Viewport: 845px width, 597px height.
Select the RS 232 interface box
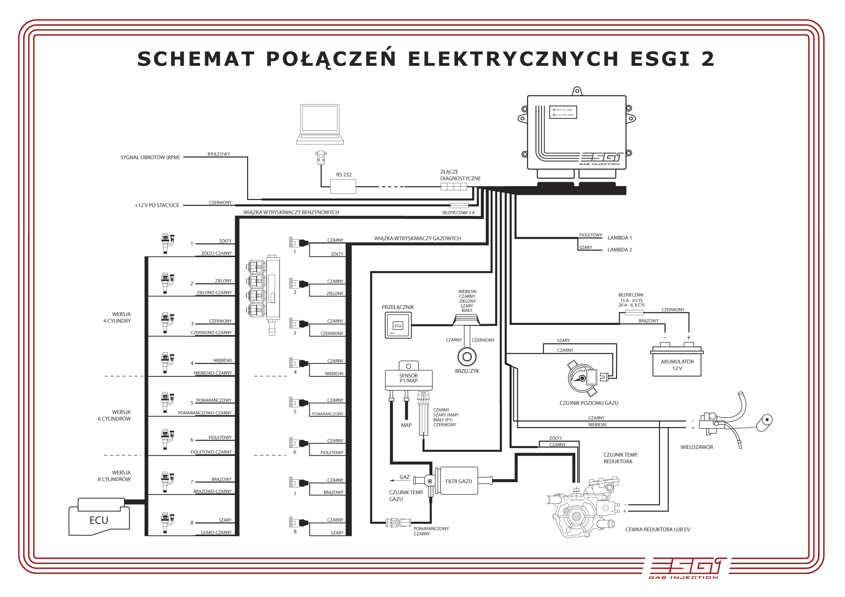(343, 187)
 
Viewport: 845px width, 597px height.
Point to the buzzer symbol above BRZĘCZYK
(467, 357)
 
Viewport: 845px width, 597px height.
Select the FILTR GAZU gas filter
(459, 481)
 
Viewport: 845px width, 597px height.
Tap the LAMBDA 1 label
(619, 238)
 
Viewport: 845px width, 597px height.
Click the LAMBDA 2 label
(619, 250)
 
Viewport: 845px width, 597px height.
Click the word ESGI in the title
(660, 59)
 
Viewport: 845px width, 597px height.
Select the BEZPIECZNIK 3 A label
(458, 213)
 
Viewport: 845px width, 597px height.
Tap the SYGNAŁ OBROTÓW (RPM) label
(150, 157)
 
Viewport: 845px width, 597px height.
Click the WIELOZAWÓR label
(696, 447)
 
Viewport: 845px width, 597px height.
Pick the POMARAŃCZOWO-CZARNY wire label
(205, 413)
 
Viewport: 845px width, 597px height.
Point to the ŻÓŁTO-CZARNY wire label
(216, 253)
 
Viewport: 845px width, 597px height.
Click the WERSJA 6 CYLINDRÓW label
(114, 415)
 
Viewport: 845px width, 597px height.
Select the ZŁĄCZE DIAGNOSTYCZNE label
(460, 175)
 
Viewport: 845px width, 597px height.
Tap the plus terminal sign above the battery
(689, 337)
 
